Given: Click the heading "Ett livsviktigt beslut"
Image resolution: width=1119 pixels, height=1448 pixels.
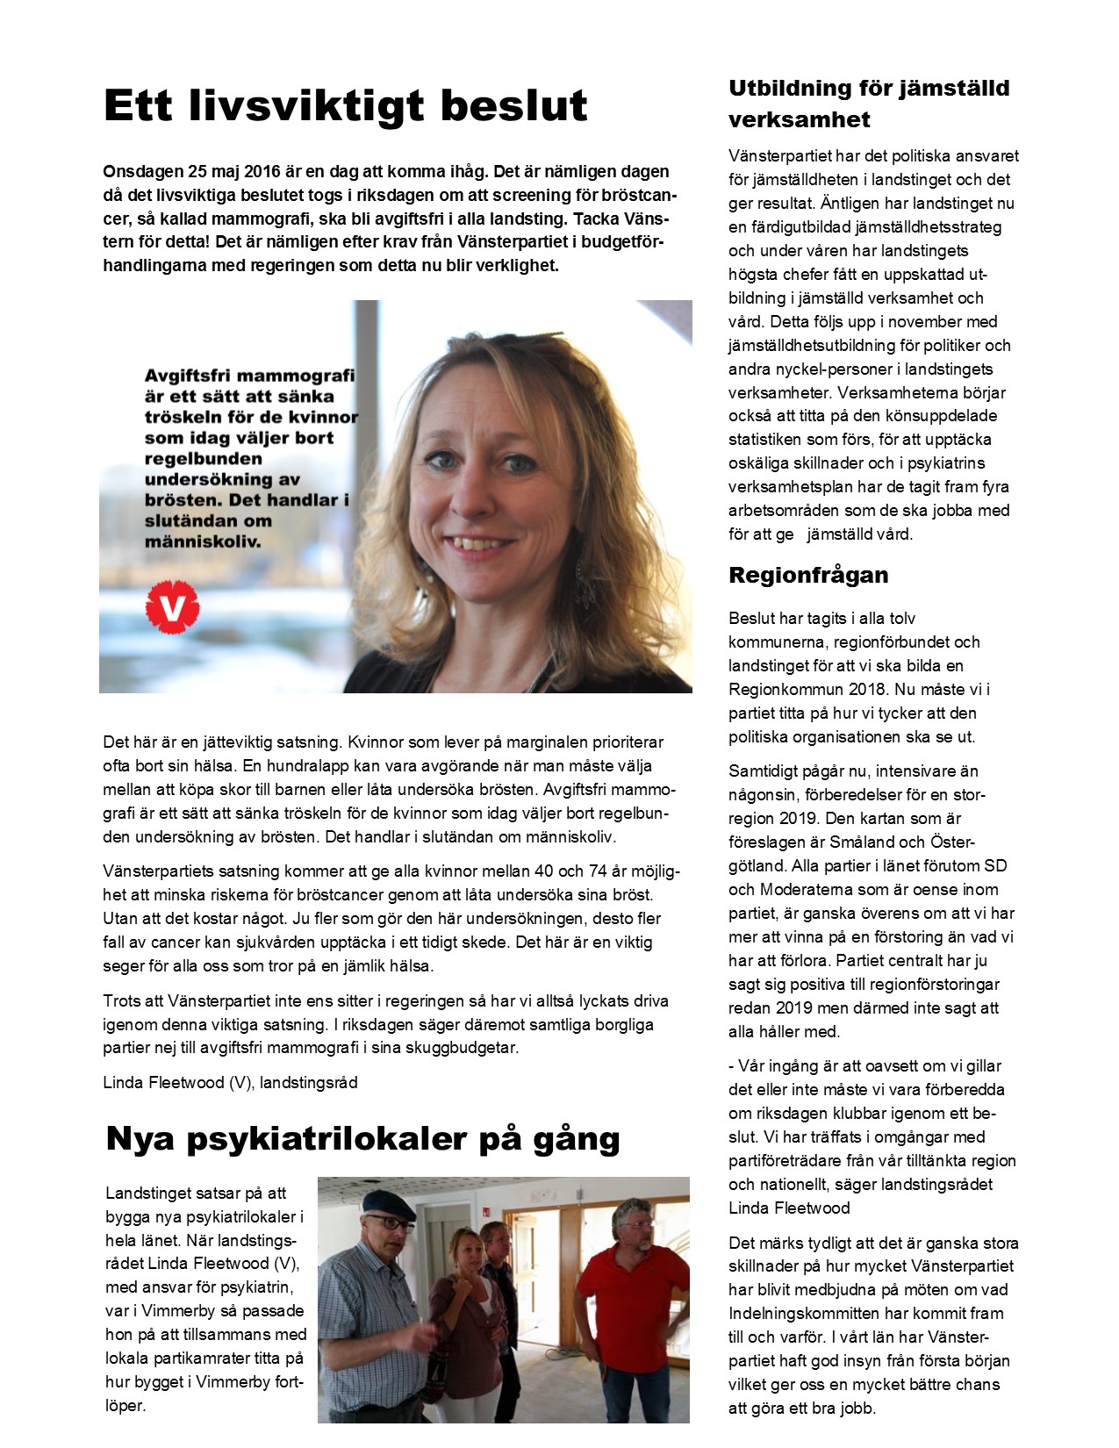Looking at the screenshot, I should pos(345,106).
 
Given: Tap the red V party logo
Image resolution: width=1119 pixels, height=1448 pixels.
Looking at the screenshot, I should pos(172,607).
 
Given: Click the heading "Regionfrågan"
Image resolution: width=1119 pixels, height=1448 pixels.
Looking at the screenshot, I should pos(808,576).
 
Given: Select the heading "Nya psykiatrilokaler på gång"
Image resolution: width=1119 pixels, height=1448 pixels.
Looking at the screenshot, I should pos(362,1139).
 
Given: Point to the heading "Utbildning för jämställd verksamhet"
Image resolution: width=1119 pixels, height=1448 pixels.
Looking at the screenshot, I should pos(869,104).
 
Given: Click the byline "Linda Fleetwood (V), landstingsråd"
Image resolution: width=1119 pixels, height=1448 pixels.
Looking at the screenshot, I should pos(230,1083).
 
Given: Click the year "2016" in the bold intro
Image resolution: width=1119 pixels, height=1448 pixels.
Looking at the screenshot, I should pos(262,172).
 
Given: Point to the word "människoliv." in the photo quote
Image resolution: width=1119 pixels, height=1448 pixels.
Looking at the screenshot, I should pos(203,542).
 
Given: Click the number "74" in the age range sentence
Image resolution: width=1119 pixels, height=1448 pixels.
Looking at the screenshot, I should pos(599,871).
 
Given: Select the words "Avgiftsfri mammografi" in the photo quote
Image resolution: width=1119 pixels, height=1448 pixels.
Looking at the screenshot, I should pos(249,376).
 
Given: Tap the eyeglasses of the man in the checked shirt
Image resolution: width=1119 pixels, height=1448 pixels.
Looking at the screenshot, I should pos(389,1222).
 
